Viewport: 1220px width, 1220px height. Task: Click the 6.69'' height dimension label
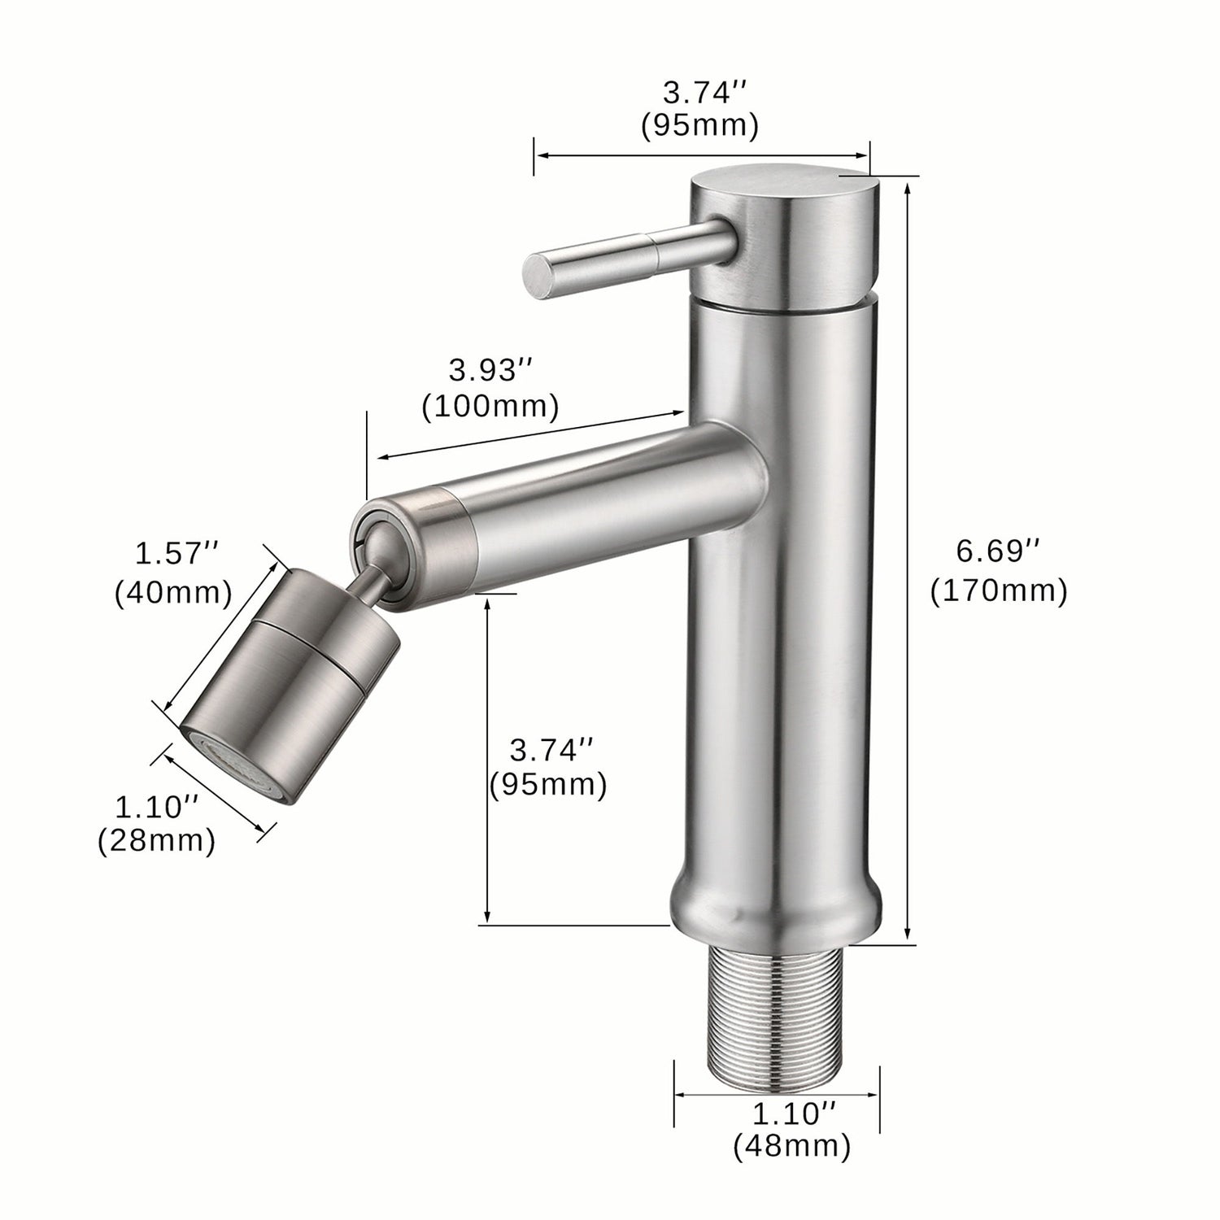pyautogui.click(x=998, y=551)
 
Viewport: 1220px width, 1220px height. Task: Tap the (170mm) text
pyautogui.click(x=998, y=590)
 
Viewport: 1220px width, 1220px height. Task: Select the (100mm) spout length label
pyautogui.click(x=490, y=406)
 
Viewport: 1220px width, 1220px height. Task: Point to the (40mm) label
pyautogui.click(x=172, y=592)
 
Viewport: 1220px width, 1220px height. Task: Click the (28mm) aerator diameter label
pyautogui.click(x=156, y=841)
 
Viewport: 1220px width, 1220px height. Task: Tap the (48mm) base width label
pyautogui.click(x=791, y=1147)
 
